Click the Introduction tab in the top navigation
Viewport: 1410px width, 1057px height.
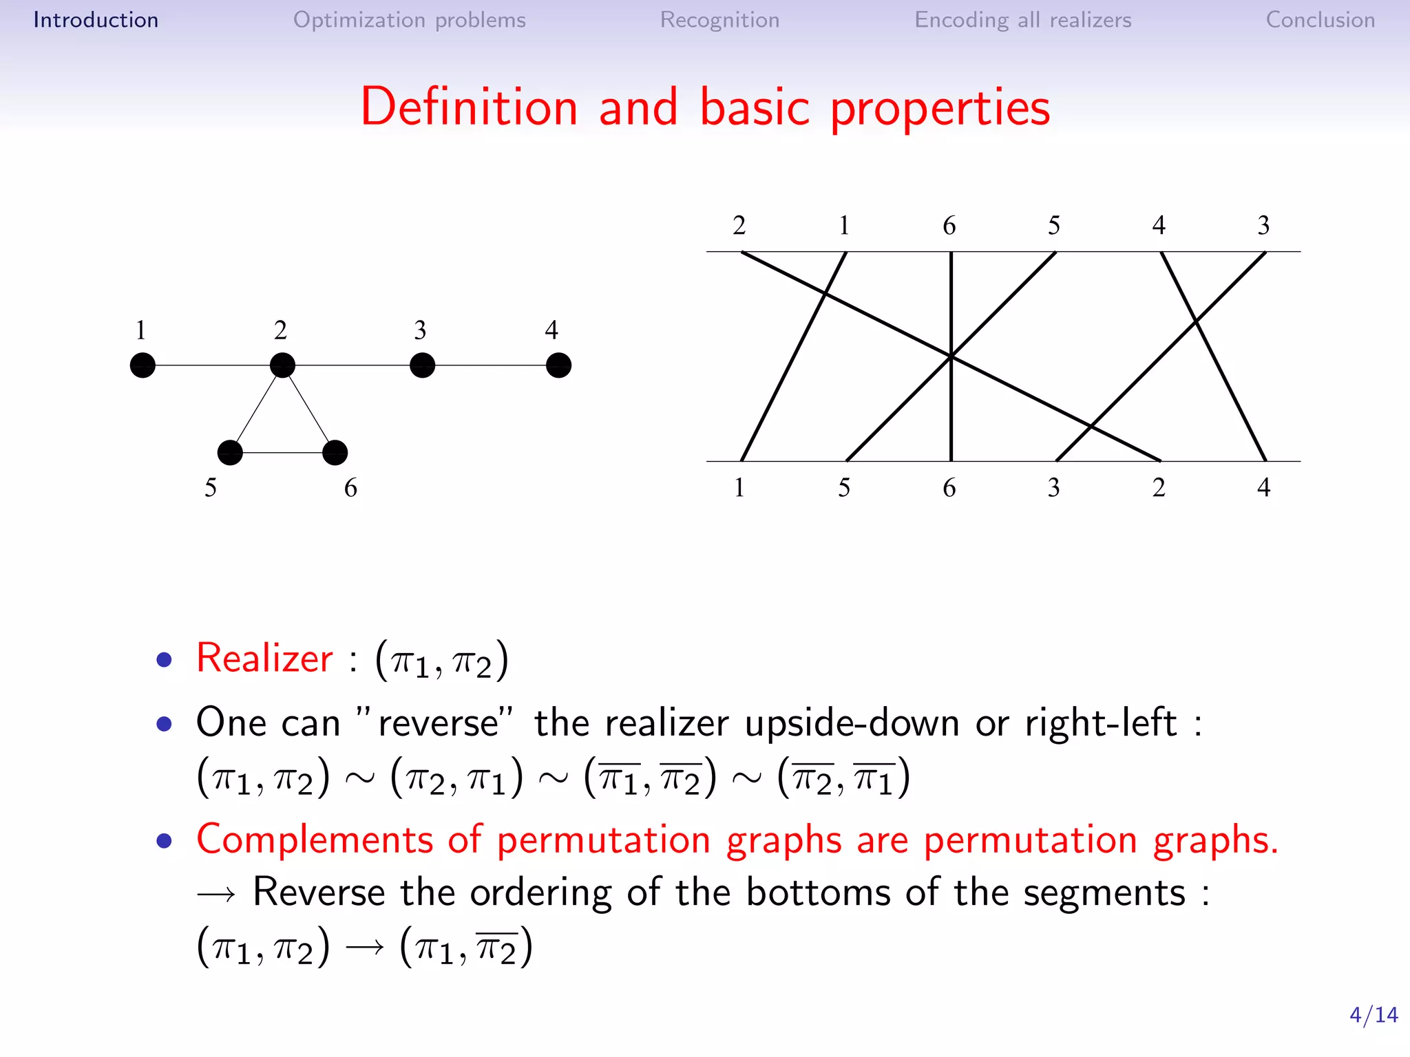click(96, 20)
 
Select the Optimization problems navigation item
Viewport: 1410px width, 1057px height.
click(409, 20)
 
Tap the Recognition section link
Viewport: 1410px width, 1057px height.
click(719, 20)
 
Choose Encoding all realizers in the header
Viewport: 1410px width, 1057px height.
click(1022, 20)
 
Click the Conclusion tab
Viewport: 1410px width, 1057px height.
click(1320, 20)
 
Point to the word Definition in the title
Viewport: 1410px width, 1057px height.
click(469, 107)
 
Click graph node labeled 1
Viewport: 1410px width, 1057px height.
click(143, 365)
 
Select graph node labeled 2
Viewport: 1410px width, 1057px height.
click(282, 365)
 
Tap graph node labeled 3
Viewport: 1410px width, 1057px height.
click(422, 365)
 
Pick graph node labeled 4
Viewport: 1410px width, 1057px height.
click(558, 365)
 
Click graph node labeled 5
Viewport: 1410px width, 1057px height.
click(230, 452)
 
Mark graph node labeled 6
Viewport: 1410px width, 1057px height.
click(335, 452)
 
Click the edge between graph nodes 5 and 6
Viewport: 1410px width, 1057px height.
click(282, 452)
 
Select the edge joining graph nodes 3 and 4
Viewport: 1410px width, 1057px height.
click(490, 365)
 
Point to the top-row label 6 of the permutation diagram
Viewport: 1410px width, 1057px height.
click(949, 226)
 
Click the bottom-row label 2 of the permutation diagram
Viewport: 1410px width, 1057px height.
click(1159, 487)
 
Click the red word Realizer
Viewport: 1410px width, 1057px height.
click(264, 658)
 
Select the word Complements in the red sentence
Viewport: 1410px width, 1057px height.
click(314, 840)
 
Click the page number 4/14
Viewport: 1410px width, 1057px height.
click(1373, 1015)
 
